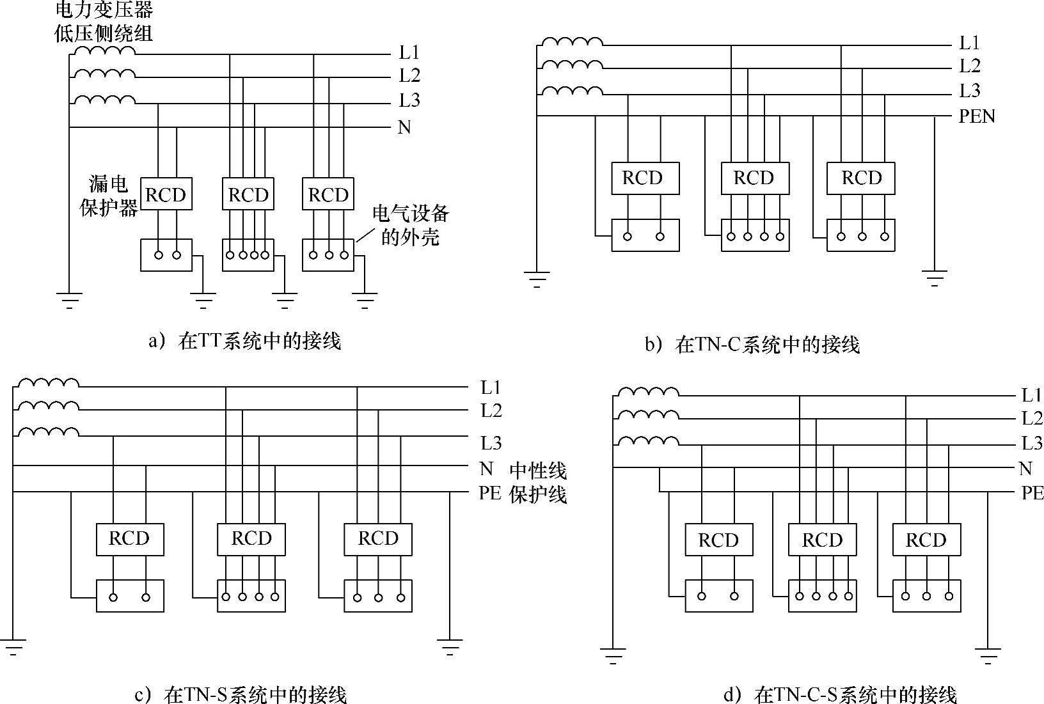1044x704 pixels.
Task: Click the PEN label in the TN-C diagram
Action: click(x=977, y=116)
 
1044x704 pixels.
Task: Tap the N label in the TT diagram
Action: click(x=404, y=127)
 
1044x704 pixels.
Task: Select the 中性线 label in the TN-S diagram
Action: click(x=538, y=471)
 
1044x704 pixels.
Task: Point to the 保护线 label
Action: click(x=538, y=494)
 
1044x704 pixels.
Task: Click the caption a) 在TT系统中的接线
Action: click(x=245, y=341)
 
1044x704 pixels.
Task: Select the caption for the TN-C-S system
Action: click(x=839, y=694)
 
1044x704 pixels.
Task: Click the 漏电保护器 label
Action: click(x=109, y=196)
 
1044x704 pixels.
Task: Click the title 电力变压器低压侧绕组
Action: click(x=104, y=21)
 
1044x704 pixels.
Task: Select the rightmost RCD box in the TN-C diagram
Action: click(x=861, y=178)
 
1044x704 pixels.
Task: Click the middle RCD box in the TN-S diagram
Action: click(x=251, y=538)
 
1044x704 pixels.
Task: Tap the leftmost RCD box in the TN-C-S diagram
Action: click(x=718, y=540)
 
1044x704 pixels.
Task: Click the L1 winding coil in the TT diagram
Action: click(x=104, y=51)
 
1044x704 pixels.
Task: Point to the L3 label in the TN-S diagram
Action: click(x=491, y=442)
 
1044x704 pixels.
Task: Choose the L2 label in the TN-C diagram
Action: click(x=970, y=66)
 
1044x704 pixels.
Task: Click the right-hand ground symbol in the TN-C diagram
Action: click(x=935, y=277)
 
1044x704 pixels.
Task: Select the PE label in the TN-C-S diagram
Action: click(x=1032, y=492)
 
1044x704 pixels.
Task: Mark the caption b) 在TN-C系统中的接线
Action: click(x=752, y=345)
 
